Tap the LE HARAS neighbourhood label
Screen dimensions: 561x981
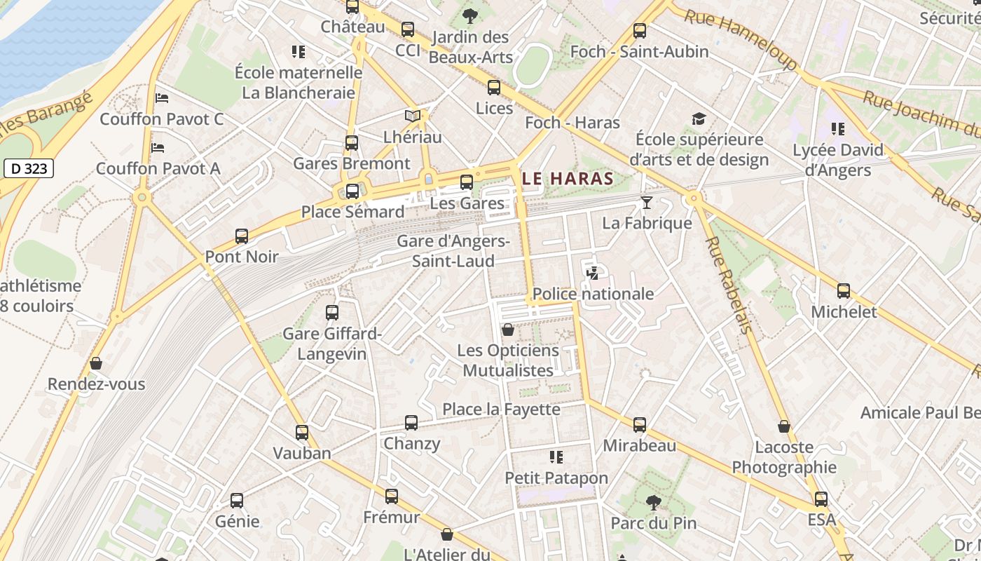pyautogui.click(x=568, y=179)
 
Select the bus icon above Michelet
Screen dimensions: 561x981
pyautogui.click(x=844, y=291)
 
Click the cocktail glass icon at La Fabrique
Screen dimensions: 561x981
pyautogui.click(x=646, y=203)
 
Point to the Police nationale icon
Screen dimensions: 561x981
pyautogui.click(x=593, y=273)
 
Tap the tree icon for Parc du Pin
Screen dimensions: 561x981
pyautogui.click(x=653, y=502)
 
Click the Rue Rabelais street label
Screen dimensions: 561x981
pyautogui.click(x=729, y=284)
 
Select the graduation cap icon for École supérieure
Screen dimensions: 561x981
pyautogui.click(x=699, y=119)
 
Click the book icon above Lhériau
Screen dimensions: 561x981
pyautogui.click(x=413, y=116)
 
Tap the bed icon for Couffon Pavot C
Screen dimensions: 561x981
pyautogui.click(x=162, y=98)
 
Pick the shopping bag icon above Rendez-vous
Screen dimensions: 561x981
pyautogui.click(x=96, y=363)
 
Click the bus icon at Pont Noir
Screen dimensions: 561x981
pyautogui.click(x=242, y=236)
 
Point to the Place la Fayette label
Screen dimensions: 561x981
pyautogui.click(x=501, y=409)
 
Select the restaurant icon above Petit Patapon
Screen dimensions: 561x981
pyautogui.click(x=556, y=457)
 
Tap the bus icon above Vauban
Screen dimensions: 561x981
pyautogui.click(x=302, y=433)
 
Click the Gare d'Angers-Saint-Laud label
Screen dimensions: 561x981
pyautogui.click(x=453, y=251)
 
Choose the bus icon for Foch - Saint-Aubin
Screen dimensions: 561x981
pyautogui.click(x=639, y=31)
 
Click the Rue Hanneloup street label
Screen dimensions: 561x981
pyautogui.click(x=741, y=40)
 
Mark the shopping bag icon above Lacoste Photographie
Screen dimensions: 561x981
pyautogui.click(x=784, y=426)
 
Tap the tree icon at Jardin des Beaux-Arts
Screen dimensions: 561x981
pyautogui.click(x=470, y=15)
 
